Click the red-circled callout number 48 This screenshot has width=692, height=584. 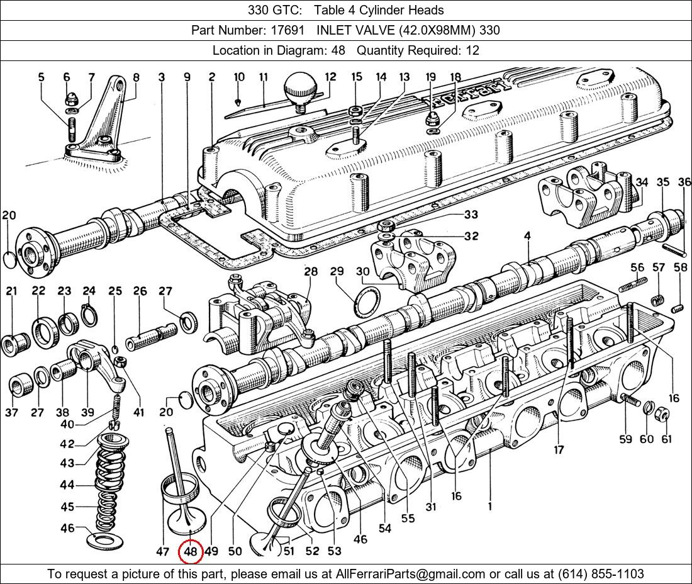pos(191,552)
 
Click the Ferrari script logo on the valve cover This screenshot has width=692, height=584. pos(469,94)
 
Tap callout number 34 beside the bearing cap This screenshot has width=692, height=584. pos(641,182)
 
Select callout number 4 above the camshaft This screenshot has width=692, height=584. pos(527,236)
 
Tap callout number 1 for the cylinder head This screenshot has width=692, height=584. pos(489,505)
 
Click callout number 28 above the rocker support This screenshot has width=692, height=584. pos(311,272)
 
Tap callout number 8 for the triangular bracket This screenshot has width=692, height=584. pos(136,78)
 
